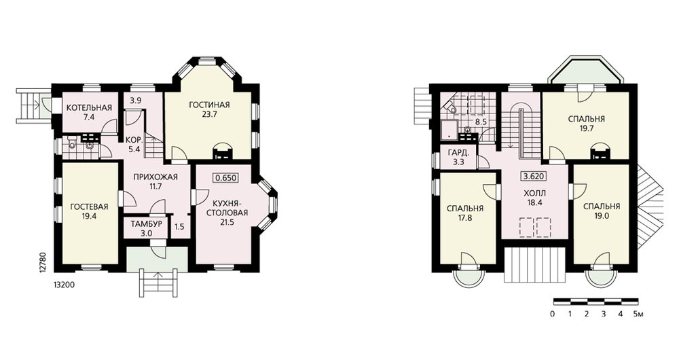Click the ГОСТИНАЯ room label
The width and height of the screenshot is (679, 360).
[x=209, y=105]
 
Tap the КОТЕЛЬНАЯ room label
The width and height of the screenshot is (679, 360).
[x=89, y=108]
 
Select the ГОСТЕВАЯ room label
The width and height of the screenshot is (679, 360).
[x=89, y=206]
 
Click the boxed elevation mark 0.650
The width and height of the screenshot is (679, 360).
[x=225, y=177]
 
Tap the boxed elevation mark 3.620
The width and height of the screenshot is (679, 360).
[x=534, y=177]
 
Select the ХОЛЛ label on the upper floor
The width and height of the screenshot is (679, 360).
[x=534, y=193]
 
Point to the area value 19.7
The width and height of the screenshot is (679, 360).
[x=586, y=128]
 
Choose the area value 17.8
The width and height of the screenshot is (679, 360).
[x=464, y=218]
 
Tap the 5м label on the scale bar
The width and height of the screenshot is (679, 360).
[x=638, y=314]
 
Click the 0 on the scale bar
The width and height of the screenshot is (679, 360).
[x=553, y=314]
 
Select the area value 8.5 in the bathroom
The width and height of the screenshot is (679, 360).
[x=481, y=122]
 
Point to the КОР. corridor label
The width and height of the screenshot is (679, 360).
[x=133, y=140]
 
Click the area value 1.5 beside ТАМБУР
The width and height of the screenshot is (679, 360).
[x=179, y=227]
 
